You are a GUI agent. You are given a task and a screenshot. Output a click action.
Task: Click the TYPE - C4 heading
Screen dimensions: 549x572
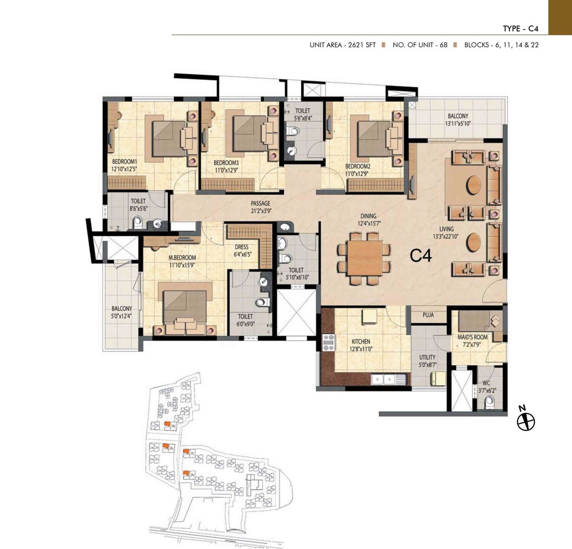coord(520,29)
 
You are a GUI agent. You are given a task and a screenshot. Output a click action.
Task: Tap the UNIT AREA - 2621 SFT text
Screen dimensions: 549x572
coord(342,45)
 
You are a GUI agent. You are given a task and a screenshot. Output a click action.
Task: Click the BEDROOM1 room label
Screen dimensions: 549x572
coord(124,162)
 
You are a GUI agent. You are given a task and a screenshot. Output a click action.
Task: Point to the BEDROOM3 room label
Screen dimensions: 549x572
coord(226,163)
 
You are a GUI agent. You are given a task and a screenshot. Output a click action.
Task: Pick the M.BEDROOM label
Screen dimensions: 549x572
coord(182,258)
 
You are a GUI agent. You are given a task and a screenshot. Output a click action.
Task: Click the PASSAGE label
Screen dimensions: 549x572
coord(260,203)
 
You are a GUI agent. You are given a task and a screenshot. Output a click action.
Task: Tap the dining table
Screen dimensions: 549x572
coord(365,258)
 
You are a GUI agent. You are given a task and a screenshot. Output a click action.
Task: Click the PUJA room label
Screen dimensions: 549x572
coord(428,315)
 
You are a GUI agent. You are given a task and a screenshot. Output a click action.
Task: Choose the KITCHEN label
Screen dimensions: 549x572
coord(361,342)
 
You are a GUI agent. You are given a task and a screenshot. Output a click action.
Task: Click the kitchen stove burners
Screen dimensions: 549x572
coord(328,342)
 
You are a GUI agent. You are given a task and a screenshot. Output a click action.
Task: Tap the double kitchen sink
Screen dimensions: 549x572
coord(384,379)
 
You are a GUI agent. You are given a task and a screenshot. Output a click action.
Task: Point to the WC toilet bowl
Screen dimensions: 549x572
coord(489,402)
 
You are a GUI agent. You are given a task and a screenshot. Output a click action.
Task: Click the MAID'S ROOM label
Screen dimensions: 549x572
coord(472,337)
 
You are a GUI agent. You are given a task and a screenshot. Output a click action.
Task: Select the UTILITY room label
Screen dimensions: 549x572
coord(427,357)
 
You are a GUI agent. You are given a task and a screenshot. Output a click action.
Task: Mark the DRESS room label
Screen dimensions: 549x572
coord(241,247)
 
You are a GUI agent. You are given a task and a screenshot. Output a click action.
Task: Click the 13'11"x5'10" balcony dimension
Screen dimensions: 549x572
coord(458,124)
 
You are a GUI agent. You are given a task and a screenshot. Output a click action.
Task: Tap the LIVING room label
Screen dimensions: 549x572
coord(446,229)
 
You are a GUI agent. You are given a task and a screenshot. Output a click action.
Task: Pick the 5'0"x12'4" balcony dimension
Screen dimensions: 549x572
coord(122,316)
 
